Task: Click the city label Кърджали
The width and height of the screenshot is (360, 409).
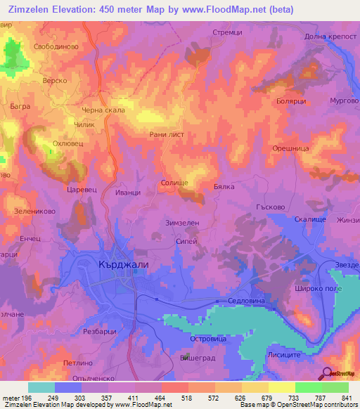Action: point(119,266)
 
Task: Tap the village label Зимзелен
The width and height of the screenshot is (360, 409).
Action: point(182,222)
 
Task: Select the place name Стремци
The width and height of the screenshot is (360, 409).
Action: point(227,32)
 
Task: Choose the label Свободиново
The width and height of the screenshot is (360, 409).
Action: point(56,46)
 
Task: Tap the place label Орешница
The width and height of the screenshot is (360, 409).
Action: point(290,149)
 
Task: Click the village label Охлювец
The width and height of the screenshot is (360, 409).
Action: point(69,143)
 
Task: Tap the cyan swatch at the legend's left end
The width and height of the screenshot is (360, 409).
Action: point(41,387)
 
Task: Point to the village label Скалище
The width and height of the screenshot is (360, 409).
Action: point(309,220)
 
